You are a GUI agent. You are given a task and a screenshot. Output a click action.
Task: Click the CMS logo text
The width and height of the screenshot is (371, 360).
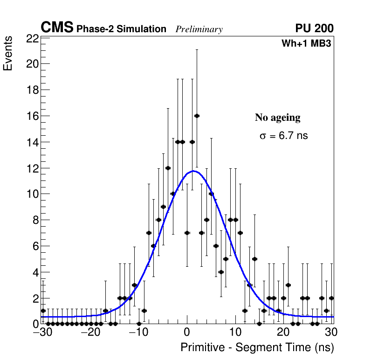point(57,28)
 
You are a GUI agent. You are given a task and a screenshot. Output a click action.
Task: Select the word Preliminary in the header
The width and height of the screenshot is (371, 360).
point(199,30)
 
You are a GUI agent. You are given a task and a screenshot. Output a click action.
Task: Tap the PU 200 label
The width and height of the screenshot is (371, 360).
point(314,29)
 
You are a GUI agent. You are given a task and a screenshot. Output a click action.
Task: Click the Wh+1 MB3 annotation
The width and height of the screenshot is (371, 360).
point(306,44)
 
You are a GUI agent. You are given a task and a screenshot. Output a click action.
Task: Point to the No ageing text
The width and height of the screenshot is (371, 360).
point(278,118)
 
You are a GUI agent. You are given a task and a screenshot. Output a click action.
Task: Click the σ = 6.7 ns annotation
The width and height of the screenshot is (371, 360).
point(283,136)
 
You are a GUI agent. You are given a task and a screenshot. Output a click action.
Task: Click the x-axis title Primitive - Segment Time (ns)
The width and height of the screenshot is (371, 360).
point(257,348)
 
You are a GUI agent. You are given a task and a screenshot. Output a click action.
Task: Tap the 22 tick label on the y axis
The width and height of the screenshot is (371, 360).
point(32,39)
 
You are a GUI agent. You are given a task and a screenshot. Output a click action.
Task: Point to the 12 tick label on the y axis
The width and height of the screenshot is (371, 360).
point(32,168)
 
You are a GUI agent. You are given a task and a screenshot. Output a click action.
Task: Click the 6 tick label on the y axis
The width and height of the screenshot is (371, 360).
point(35,246)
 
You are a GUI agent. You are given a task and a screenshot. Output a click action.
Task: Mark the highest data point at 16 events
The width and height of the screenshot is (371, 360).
point(197,116)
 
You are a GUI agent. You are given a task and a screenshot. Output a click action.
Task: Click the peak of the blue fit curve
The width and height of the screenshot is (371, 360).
point(192,171)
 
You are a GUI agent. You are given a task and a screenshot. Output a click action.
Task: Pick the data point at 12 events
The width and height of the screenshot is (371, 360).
point(168,168)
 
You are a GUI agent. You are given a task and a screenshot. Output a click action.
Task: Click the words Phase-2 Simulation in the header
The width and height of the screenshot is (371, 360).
point(121,29)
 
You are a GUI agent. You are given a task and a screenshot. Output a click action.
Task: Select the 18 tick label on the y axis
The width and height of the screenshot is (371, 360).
point(32,90)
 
